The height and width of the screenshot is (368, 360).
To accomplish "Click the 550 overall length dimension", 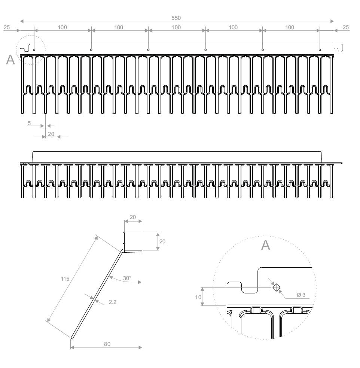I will (x=176, y=18).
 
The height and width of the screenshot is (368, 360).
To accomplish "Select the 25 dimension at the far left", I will (x=6, y=27).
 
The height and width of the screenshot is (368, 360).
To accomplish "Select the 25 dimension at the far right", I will (x=345, y=27).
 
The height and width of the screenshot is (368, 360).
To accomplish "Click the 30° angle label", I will (x=127, y=278).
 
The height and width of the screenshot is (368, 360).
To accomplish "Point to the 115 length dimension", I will (x=65, y=279).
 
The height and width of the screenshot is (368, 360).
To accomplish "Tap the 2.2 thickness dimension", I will (x=112, y=302).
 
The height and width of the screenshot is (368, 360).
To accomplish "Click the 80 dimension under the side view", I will (x=107, y=344).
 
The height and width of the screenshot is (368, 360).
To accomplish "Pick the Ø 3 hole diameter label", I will (x=301, y=295).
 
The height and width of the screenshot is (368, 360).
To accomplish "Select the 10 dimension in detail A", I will (x=198, y=297).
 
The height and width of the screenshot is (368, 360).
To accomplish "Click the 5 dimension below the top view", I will (x=29, y=123).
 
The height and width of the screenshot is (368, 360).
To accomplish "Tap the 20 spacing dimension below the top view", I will (x=51, y=134).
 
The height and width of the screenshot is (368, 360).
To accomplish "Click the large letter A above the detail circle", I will (x=265, y=245).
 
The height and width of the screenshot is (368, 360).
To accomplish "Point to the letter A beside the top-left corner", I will (x=10, y=60).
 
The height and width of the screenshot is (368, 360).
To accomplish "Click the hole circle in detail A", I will (x=276, y=288).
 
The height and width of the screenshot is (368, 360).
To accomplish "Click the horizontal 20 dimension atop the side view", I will (x=133, y=218).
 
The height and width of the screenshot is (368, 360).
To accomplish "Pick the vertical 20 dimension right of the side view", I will (x=162, y=241).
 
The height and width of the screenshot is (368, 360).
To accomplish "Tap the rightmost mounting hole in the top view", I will (x=320, y=49).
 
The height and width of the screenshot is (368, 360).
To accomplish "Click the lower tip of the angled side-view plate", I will (x=72, y=338).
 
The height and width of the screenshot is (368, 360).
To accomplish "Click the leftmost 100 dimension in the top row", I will (x=62, y=27).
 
